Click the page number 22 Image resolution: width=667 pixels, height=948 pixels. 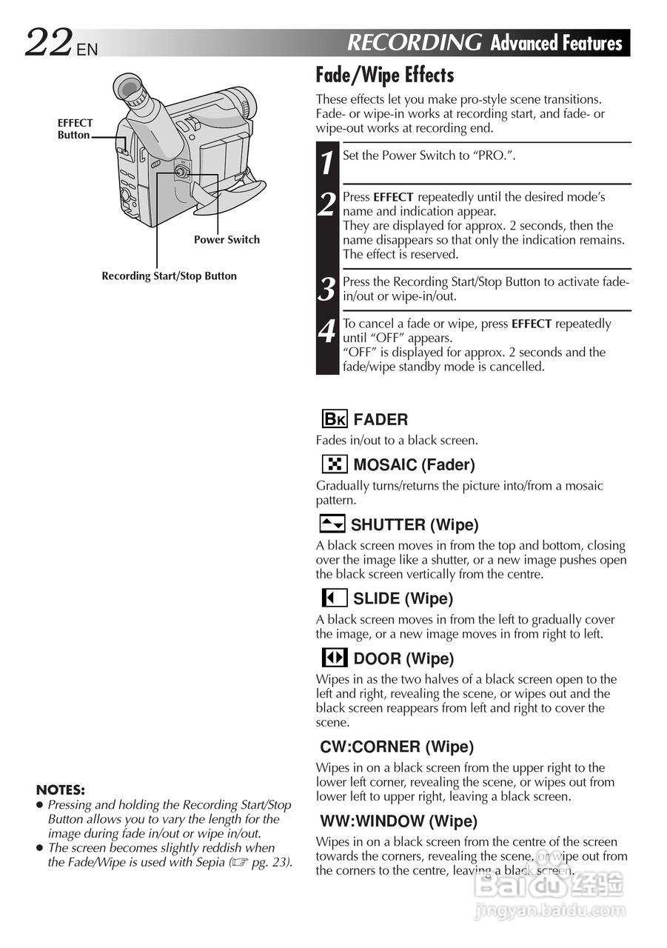[x=49, y=43]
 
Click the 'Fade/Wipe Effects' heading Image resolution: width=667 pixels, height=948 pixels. [x=384, y=76]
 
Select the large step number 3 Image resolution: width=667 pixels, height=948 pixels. [x=327, y=289]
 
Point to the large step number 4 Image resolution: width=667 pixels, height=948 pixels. [x=327, y=331]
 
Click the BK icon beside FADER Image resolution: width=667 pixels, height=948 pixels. [x=335, y=419]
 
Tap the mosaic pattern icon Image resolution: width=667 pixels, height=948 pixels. [x=335, y=464]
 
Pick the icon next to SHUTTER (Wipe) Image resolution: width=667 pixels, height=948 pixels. [x=332, y=524]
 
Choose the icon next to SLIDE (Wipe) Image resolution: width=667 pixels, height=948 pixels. [x=335, y=598]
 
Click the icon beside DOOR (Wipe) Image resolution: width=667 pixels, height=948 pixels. [x=335, y=658]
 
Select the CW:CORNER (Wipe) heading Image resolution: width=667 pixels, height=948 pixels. [x=397, y=747]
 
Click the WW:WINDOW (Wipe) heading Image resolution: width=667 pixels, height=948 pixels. [x=398, y=821]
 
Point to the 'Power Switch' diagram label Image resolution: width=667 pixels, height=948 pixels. [x=227, y=240]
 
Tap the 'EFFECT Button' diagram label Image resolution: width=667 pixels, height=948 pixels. [x=75, y=129]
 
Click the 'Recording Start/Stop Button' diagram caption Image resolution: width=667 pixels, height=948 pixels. [x=169, y=276]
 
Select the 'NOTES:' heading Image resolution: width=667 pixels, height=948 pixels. [x=60, y=790]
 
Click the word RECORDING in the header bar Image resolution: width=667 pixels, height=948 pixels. [x=414, y=43]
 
